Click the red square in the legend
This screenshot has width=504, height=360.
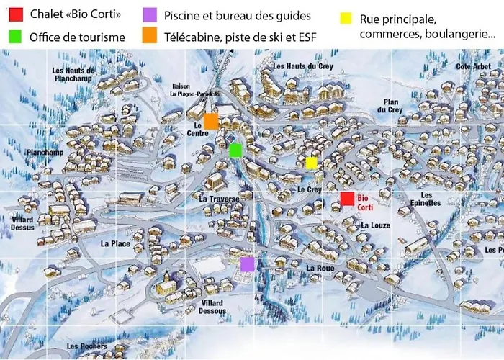click(16, 14)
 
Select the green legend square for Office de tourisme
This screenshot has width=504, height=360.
click(16, 36)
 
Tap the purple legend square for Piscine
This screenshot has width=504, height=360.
click(149, 14)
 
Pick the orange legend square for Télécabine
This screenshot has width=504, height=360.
click(149, 36)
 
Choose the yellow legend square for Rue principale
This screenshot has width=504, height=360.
click(347, 16)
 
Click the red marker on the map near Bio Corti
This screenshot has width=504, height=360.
click(347, 199)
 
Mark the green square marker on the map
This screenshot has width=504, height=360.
click(235, 150)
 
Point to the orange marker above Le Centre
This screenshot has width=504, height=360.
click(210, 121)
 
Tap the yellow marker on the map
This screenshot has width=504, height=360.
click(311, 163)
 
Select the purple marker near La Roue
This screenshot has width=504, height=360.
click(247, 264)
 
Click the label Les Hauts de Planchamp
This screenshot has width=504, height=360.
click(74, 74)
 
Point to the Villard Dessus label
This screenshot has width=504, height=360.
click(22, 223)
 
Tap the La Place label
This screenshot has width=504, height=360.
click(115, 243)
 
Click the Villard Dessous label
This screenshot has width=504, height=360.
click(212, 307)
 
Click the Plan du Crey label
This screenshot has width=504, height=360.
click(392, 106)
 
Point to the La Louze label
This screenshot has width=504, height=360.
click(376, 225)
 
